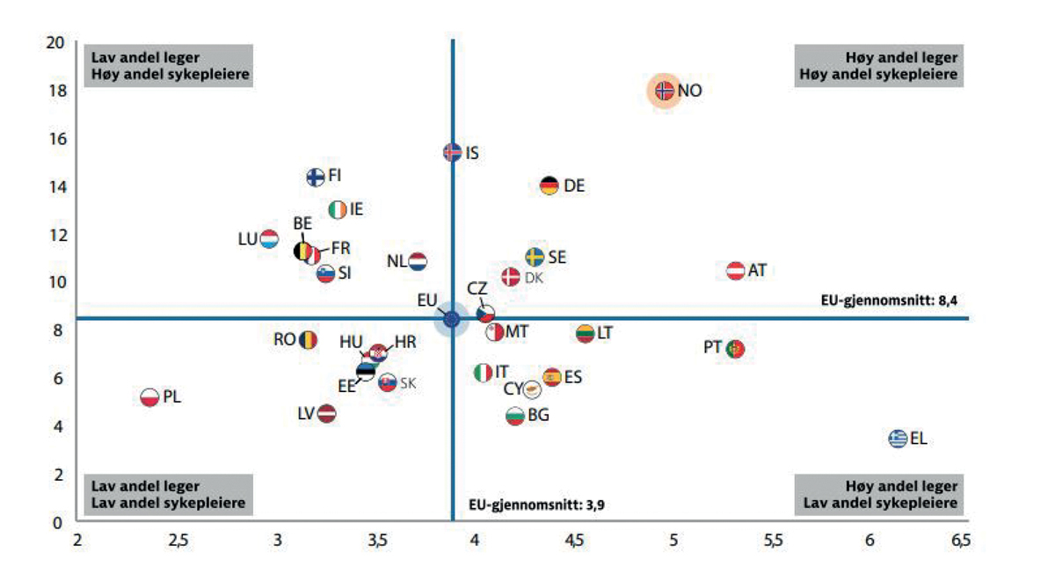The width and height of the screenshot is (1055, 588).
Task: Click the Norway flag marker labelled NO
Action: coord(665,90)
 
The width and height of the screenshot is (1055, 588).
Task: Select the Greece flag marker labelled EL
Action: coord(897,438)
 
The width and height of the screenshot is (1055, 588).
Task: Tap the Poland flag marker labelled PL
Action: coord(150,397)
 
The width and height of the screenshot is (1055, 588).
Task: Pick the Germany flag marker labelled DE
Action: coord(549,185)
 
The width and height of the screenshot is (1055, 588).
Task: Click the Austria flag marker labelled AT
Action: coord(736,271)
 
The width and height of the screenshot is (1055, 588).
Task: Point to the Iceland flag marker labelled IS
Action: coord(452,152)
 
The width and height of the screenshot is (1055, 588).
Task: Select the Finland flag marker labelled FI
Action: coord(316,177)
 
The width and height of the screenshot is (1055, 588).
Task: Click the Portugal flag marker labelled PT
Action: coord(735,349)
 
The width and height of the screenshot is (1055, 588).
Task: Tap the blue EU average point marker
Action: coord(451,320)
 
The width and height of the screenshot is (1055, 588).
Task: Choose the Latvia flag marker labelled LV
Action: coord(326,413)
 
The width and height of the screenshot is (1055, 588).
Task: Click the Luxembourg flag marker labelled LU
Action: coord(269,238)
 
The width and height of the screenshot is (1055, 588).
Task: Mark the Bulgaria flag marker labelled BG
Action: coord(516,415)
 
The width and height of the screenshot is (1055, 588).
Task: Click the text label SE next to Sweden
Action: coord(557,258)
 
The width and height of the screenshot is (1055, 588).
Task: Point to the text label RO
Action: coord(284,339)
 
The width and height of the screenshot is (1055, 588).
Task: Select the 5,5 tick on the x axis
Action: coord(772,541)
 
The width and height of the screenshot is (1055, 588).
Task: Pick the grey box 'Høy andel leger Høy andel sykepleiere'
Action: coord(877,66)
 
